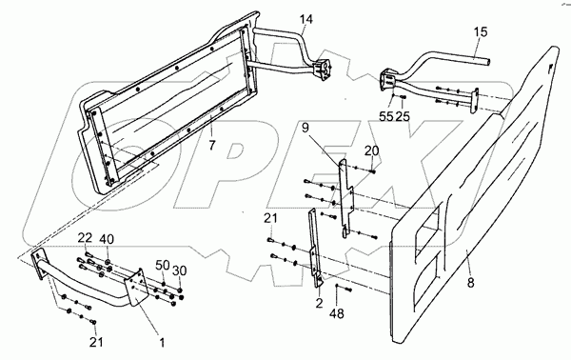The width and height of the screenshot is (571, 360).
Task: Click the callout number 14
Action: (306, 19)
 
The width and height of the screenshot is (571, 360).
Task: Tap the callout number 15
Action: (481, 32)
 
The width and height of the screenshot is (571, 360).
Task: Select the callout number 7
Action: (212, 145)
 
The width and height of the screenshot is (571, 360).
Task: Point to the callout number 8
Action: (471, 282)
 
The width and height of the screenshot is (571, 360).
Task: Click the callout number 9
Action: (305, 129)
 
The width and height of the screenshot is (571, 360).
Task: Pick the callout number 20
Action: (371, 150)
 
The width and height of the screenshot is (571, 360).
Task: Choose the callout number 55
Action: (386, 116)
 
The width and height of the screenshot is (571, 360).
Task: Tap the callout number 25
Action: (402, 116)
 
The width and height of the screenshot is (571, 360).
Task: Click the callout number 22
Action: (85, 239)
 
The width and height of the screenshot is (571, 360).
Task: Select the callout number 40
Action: (106, 239)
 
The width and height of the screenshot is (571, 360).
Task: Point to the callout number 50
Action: (163, 265)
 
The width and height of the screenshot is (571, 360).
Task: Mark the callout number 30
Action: (180, 270)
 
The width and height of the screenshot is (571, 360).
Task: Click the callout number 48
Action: (338, 313)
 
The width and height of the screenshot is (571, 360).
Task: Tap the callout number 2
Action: (319, 303)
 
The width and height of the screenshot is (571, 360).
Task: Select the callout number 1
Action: (162, 343)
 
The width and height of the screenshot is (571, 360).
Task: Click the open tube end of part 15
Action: (488, 62)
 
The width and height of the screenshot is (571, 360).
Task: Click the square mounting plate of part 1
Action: (136, 288)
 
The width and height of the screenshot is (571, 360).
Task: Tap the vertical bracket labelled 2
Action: (315, 248)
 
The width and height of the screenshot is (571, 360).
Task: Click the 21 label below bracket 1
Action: (96, 342)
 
